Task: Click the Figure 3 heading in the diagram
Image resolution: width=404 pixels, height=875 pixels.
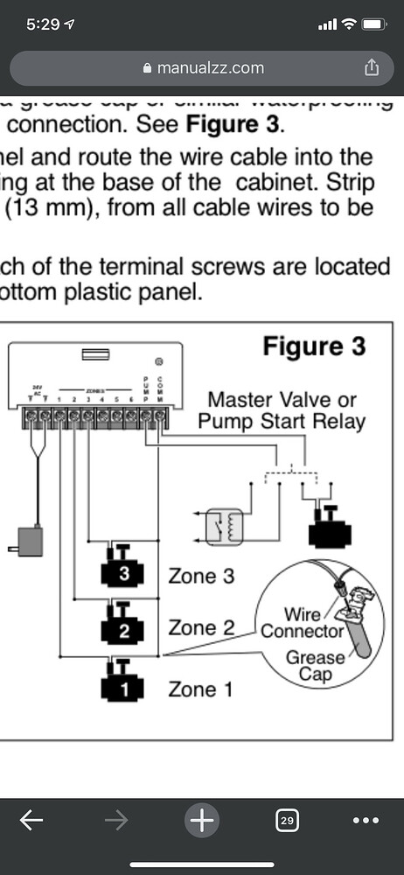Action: (x=314, y=346)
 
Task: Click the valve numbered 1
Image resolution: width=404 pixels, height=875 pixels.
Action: (x=123, y=682)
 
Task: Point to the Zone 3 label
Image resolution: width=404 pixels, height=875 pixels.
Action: (x=200, y=576)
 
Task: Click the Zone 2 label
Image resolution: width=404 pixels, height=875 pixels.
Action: (x=200, y=627)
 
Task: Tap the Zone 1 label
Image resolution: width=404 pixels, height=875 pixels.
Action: (x=200, y=689)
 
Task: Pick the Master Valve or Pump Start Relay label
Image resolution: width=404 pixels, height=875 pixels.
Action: (x=282, y=409)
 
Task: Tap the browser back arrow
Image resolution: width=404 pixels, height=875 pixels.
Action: (x=31, y=820)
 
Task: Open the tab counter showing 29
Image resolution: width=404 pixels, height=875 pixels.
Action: (x=286, y=821)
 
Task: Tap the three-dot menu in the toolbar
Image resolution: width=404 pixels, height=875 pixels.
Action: (x=365, y=820)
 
